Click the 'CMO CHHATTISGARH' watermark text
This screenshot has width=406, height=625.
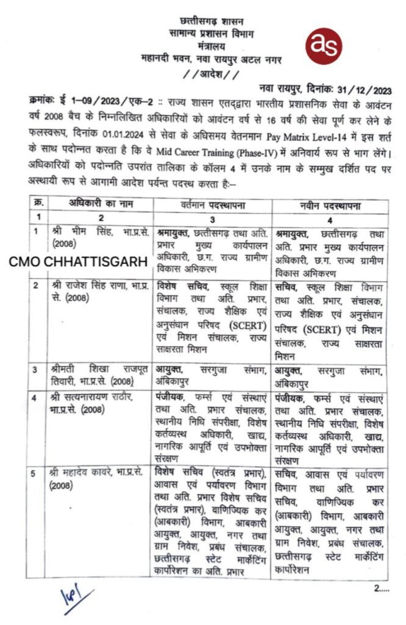tap(78, 262)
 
